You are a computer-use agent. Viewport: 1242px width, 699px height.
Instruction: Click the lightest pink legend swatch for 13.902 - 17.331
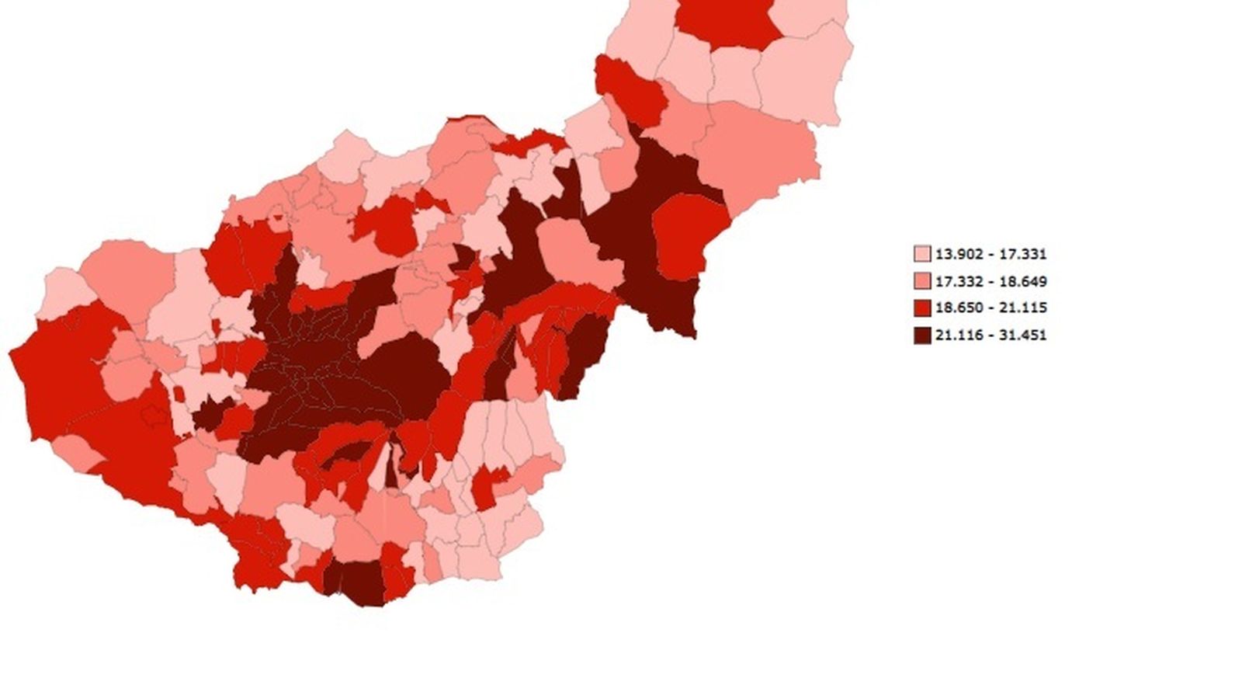921,254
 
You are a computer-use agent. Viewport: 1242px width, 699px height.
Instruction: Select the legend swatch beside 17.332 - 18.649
921,281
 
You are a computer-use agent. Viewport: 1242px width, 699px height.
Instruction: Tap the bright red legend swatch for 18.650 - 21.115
921,308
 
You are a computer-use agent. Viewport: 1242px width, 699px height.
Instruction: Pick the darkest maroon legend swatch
921,336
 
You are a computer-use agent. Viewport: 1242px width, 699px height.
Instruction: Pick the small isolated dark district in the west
207,413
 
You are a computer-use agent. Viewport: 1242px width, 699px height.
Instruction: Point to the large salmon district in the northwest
128,276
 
